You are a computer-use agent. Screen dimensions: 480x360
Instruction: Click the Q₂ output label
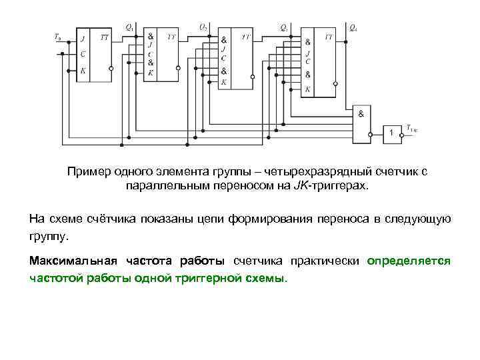click(203, 27)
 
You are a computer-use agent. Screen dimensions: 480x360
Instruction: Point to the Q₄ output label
click(353, 29)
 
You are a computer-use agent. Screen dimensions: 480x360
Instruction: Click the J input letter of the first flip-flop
click(83, 38)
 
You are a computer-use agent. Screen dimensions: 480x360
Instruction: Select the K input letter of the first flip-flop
click(83, 69)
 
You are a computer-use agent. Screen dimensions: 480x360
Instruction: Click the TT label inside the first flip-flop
click(105, 38)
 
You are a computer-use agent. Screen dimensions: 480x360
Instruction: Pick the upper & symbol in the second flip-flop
click(151, 36)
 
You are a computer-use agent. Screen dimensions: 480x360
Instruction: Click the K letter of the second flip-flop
click(151, 73)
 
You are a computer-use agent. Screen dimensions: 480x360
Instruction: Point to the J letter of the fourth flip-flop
click(308, 51)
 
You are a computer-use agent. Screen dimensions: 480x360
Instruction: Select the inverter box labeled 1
click(392, 133)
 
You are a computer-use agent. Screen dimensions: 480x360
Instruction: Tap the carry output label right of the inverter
click(413, 129)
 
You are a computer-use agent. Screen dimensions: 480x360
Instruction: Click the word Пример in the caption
click(89, 172)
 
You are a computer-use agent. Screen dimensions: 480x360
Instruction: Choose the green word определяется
click(409, 260)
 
